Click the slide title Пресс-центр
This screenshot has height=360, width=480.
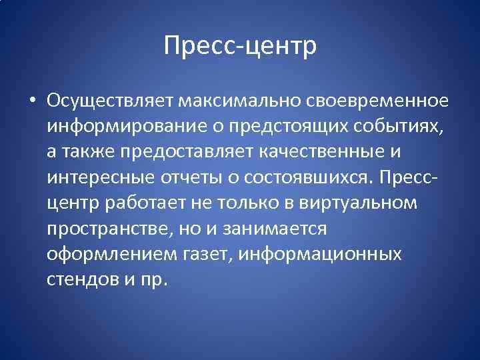tap(240, 47)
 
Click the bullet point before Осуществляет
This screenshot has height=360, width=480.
tap(32, 102)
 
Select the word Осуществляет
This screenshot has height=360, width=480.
tap(109, 102)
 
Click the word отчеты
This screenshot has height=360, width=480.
tap(189, 179)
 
